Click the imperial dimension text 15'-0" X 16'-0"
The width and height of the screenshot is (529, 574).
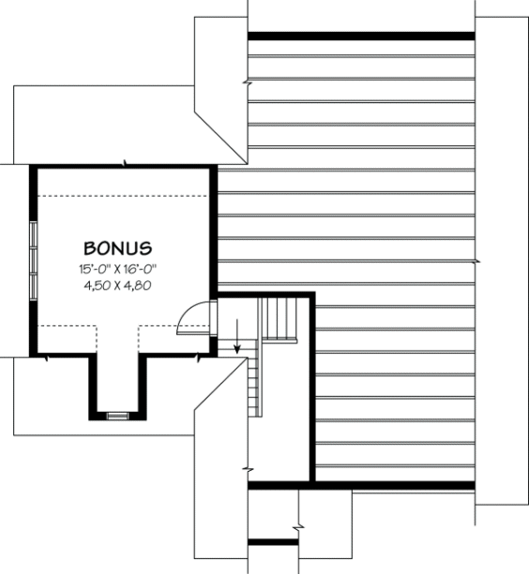(117, 268)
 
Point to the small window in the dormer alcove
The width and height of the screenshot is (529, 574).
(117, 414)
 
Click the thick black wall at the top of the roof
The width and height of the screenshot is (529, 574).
(361, 37)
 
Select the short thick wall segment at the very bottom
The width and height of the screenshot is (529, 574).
(273, 541)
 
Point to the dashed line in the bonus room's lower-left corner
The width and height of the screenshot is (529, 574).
(66, 326)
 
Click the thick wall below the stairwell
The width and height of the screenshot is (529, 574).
(361, 485)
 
